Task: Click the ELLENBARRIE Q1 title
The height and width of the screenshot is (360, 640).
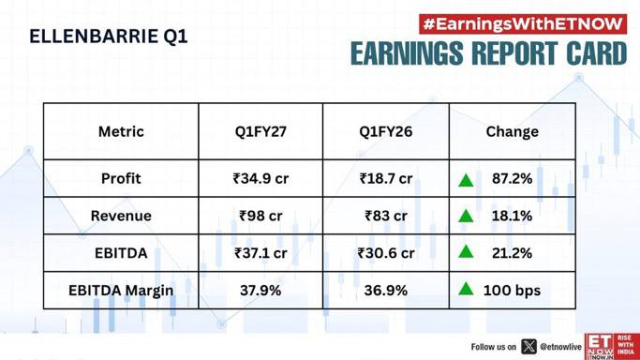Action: (109, 37)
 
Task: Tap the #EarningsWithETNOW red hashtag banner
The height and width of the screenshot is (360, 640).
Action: (523, 24)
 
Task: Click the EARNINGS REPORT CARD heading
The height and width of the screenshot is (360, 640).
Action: (488, 53)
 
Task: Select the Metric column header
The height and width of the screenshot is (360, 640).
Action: (121, 131)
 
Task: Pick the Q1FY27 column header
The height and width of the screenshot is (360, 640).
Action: (260, 131)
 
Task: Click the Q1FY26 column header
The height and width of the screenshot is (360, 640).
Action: (386, 131)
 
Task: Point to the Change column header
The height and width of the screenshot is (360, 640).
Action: (513, 132)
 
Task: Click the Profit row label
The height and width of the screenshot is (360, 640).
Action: (121, 178)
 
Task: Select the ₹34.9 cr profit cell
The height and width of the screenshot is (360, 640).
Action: (260, 178)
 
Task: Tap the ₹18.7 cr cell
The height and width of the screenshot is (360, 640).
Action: (386, 178)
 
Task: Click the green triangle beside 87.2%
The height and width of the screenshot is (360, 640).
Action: (466, 180)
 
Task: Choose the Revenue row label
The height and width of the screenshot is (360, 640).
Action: (121, 216)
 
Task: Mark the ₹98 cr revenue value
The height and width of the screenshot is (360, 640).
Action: (260, 216)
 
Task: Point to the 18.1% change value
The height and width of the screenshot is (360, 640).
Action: (512, 216)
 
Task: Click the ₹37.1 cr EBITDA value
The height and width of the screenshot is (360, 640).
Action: (260, 253)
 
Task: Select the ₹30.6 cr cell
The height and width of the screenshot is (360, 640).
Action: (386, 253)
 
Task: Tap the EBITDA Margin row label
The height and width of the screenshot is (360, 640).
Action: (121, 291)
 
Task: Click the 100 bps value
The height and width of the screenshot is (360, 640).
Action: (512, 291)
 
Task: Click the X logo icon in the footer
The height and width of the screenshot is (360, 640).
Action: (528, 347)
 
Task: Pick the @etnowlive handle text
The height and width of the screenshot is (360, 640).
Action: (560, 347)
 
